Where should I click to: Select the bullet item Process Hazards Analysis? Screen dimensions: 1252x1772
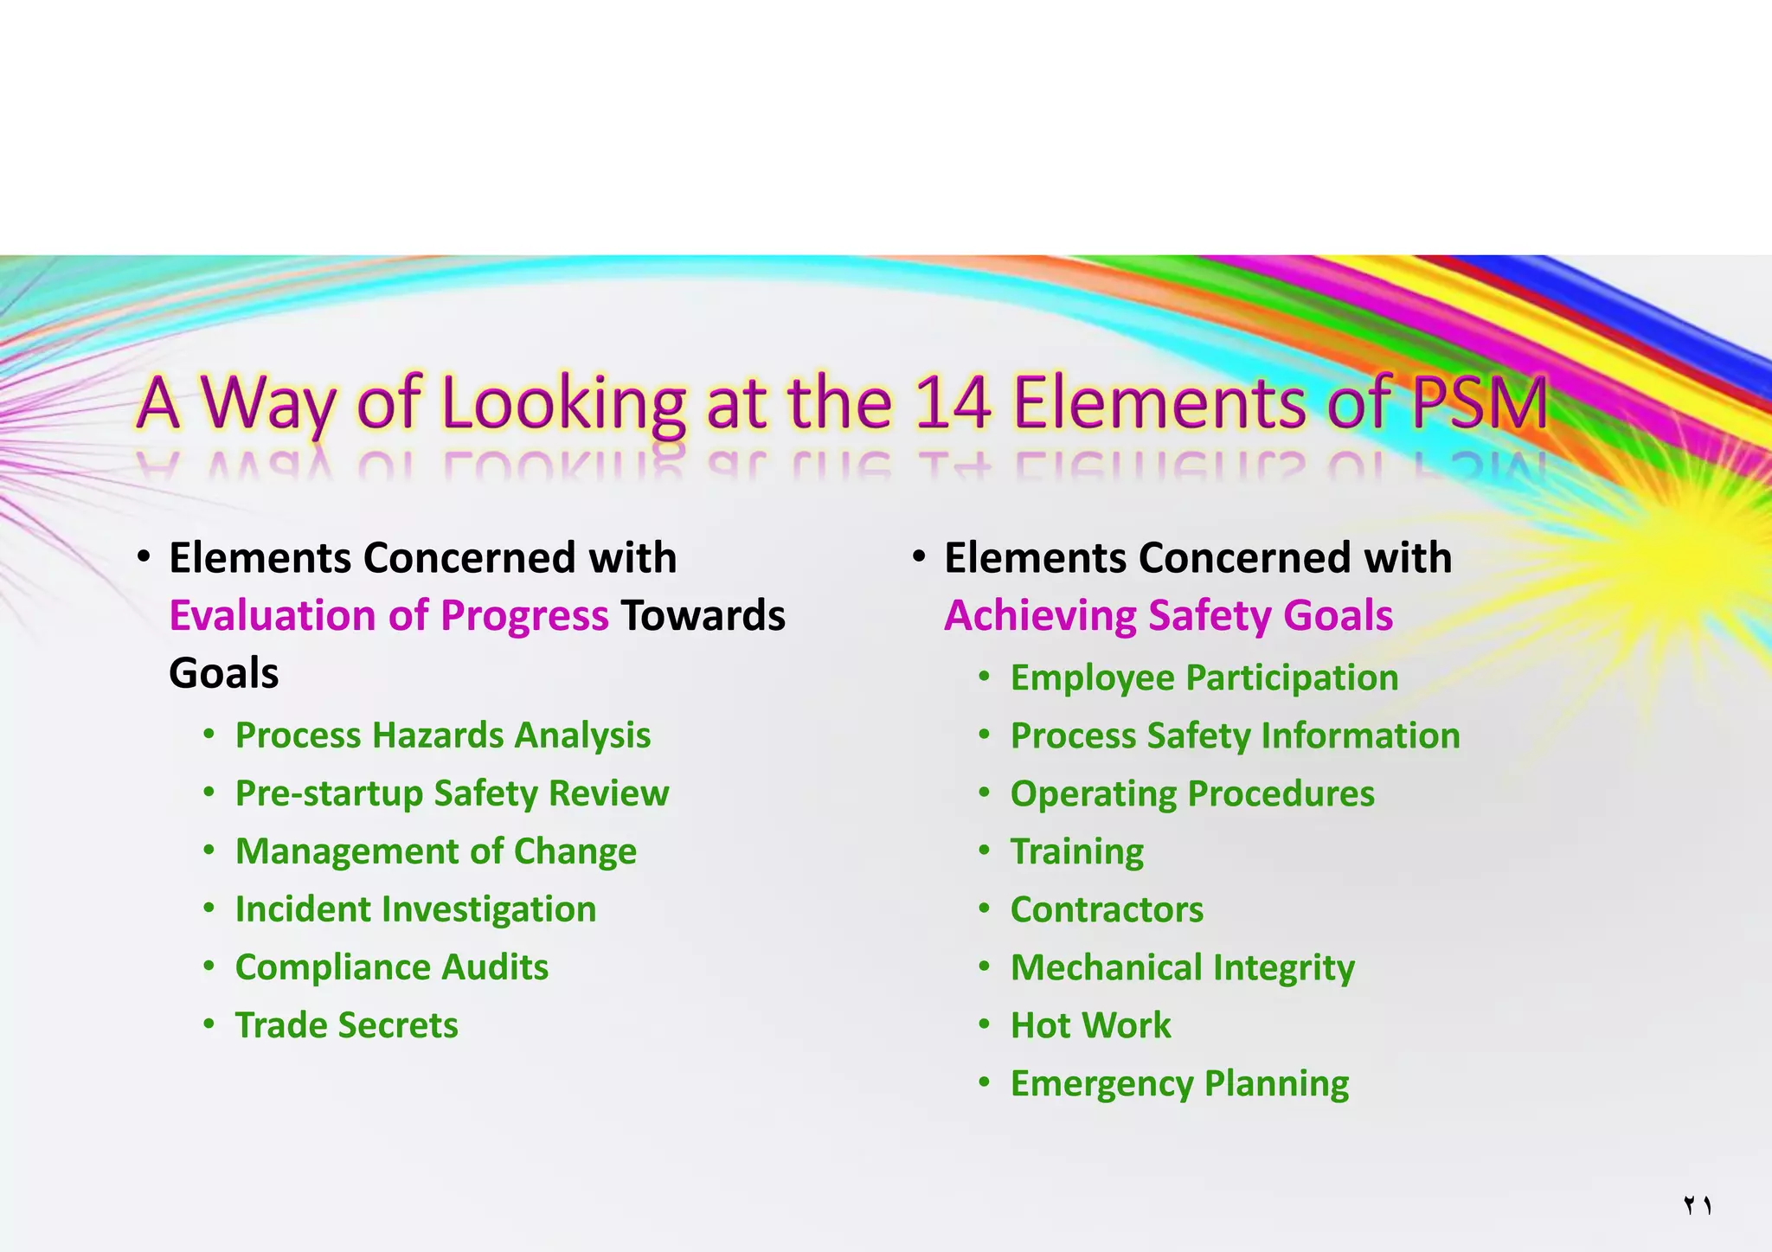click(443, 735)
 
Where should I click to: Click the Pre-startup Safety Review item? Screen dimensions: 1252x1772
click(452, 793)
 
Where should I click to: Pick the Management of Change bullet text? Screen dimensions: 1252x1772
click(436, 851)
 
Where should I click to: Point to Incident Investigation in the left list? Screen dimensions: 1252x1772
click(415, 909)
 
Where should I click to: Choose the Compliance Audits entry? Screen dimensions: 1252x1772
click(392, 967)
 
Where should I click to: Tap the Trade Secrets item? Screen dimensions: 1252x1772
click(347, 1025)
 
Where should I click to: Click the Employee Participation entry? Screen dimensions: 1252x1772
click(1204, 677)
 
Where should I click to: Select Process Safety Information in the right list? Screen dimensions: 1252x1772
click(1236, 735)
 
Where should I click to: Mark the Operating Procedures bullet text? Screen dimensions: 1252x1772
click(1192, 793)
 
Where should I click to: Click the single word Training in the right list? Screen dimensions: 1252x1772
click(1077, 851)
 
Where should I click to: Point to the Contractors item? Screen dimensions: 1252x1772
click(1107, 909)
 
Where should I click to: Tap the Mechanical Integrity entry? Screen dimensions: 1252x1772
click(1183, 967)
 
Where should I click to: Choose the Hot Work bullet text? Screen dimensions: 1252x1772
click(1091, 1025)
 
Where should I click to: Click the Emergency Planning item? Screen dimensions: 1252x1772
click(1179, 1083)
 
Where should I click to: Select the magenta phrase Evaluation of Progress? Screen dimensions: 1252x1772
click(388, 615)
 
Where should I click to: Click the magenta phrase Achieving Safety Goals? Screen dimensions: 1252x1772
click(1169, 615)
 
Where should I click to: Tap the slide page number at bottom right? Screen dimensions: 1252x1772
click(1698, 1205)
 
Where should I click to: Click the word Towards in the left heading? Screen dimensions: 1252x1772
click(703, 615)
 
